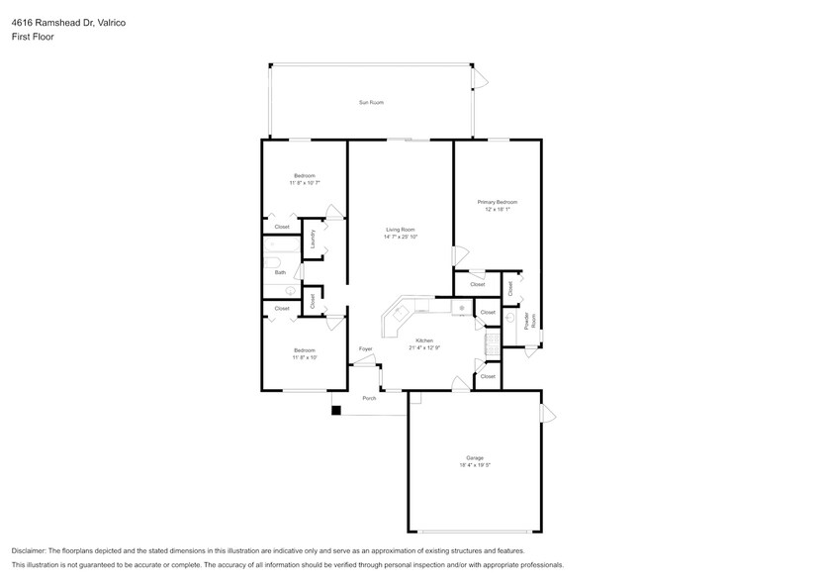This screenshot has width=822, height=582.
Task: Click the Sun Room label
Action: click(370, 102)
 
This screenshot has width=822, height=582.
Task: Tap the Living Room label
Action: click(400, 230)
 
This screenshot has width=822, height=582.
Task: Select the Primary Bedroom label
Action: click(498, 202)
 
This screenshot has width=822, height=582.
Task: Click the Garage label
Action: click(475, 457)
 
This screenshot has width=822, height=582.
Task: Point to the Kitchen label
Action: click(423, 340)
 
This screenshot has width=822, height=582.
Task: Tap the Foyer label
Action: click(365, 349)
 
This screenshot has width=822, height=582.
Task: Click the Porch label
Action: click(369, 398)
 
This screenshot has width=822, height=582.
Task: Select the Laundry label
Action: click(314, 240)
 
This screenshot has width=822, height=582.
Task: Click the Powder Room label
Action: click(532, 320)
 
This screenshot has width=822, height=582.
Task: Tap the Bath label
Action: click(280, 272)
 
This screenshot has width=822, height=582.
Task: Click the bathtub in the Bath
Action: click(269, 264)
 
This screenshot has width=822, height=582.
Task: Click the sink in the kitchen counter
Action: click(461, 309)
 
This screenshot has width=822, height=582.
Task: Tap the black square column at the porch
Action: click(336, 410)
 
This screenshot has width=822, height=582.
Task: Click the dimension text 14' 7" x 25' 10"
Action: click(400, 238)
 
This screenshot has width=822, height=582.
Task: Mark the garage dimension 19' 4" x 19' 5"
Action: click(475, 465)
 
